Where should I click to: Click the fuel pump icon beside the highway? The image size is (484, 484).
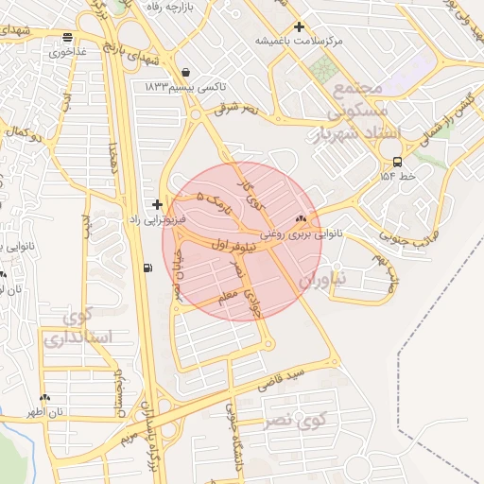coord(147,267)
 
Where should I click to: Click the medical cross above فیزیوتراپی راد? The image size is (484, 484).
coord(157,204)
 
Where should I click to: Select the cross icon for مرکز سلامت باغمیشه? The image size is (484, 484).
coord(300,27)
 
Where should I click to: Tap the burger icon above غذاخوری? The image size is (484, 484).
coord(67,38)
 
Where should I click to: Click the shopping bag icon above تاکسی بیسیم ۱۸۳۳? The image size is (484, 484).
coord(184,72)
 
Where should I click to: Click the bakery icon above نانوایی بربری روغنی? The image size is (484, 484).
coord(302,218)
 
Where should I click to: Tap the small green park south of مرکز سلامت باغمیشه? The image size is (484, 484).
coord(324,68)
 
